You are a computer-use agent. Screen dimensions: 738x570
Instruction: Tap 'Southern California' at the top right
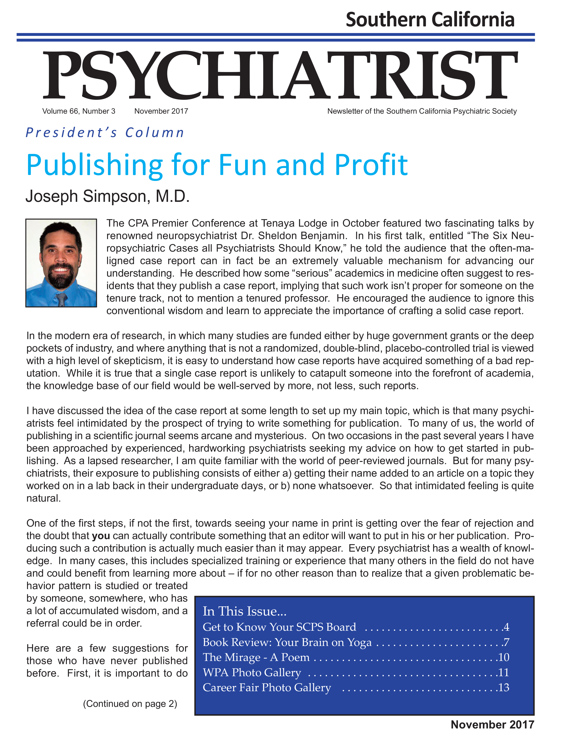pyautogui.click(x=430, y=20)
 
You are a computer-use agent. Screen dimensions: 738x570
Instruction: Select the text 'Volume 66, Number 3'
pyautogui.click(x=78, y=111)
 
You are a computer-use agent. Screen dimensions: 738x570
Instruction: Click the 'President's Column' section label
pyautogui.click(x=105, y=133)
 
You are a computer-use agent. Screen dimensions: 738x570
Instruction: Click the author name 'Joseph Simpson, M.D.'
pyautogui.click(x=108, y=196)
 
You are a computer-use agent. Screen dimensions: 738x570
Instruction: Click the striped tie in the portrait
pyautogui.click(x=61, y=299)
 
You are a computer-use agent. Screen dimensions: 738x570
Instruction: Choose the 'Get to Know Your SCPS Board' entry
pyautogui.click(x=279, y=627)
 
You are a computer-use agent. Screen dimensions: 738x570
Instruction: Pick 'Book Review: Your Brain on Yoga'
pyautogui.click(x=287, y=642)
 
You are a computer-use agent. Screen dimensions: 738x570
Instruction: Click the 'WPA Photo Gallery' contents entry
pyautogui.click(x=252, y=673)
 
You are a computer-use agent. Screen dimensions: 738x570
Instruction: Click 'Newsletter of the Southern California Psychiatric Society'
pyautogui.click(x=422, y=111)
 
